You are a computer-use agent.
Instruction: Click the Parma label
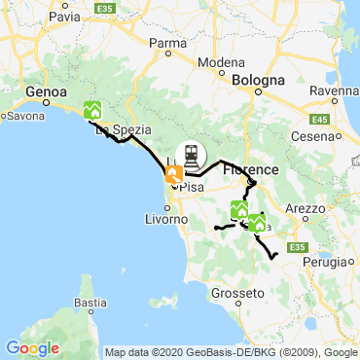[167, 43]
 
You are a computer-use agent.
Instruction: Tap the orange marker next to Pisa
[173, 175]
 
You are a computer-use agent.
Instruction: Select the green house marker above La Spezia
[93, 110]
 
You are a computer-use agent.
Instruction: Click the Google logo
[32, 347]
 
